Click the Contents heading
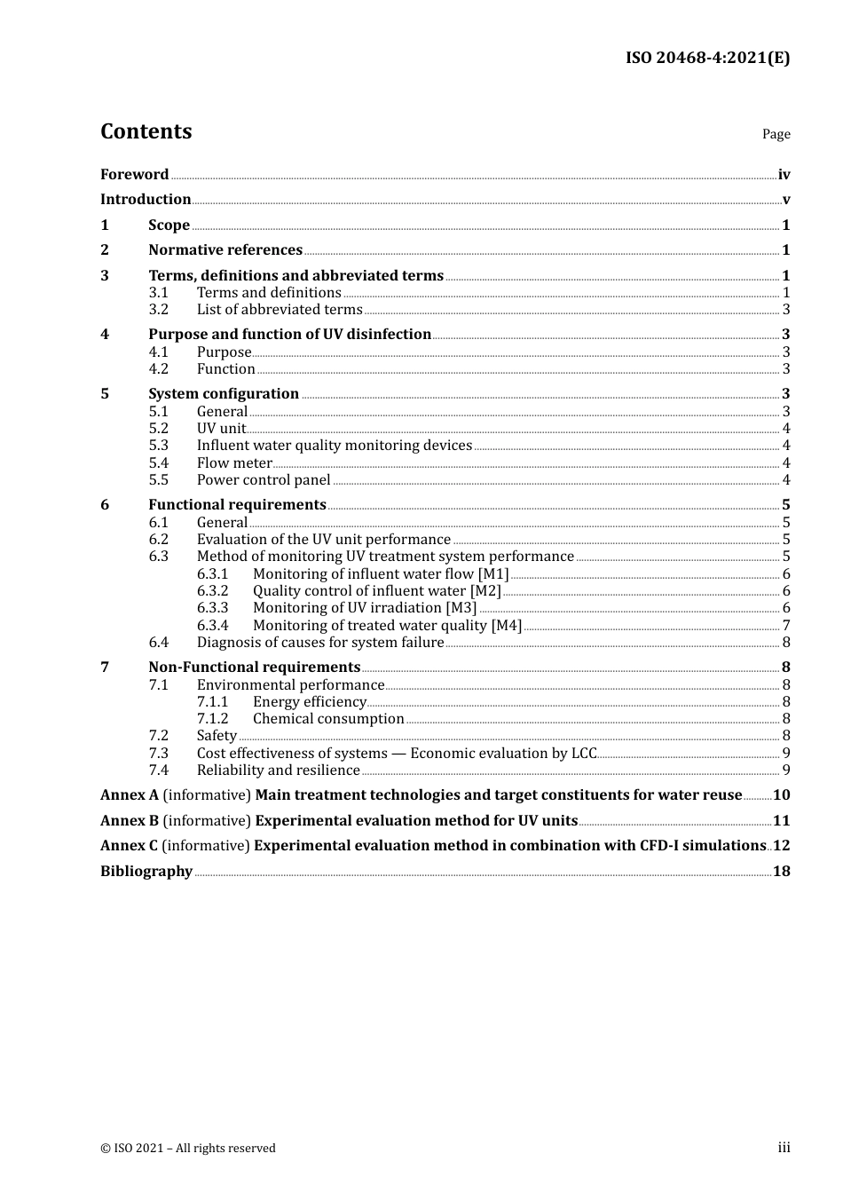point(146,131)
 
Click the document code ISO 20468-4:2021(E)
point(707,58)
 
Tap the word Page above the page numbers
point(776,134)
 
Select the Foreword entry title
point(134,175)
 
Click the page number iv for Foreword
point(784,175)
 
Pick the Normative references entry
point(225,250)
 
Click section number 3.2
point(159,310)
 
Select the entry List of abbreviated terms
point(280,310)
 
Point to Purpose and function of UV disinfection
point(289,335)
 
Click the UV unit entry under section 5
point(221,429)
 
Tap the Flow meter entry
point(234,463)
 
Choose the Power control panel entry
point(264,480)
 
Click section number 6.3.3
point(212,608)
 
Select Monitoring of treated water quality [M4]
point(387,626)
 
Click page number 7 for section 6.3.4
point(786,626)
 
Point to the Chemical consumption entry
point(328,719)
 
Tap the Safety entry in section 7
point(217,736)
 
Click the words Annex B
point(129,821)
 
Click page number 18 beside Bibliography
point(781,872)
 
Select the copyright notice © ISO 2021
point(188,1149)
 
